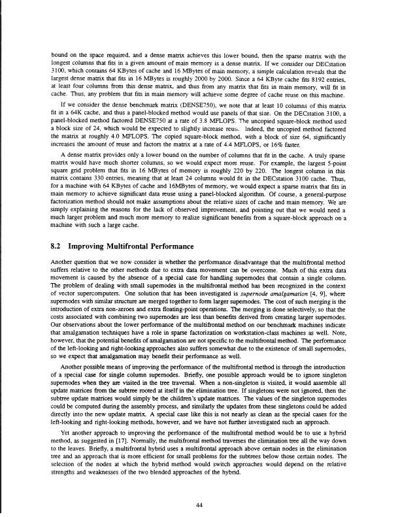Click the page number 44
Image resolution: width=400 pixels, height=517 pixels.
click(x=200, y=486)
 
